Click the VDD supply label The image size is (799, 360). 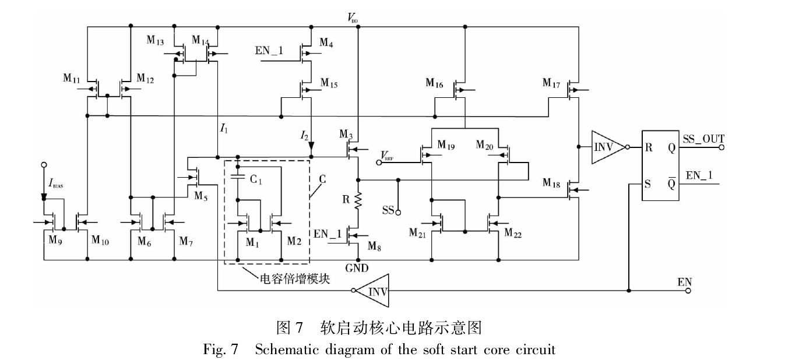[x=353, y=19]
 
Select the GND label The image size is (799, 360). [x=357, y=269]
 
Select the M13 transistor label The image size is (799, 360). [x=155, y=40]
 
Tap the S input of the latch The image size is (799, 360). [x=648, y=185]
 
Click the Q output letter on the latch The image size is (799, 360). [x=671, y=148]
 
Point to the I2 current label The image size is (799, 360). [x=304, y=136]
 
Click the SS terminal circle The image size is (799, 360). [x=398, y=213]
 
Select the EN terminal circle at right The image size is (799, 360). [x=688, y=290]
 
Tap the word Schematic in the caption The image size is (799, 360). [x=281, y=350]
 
